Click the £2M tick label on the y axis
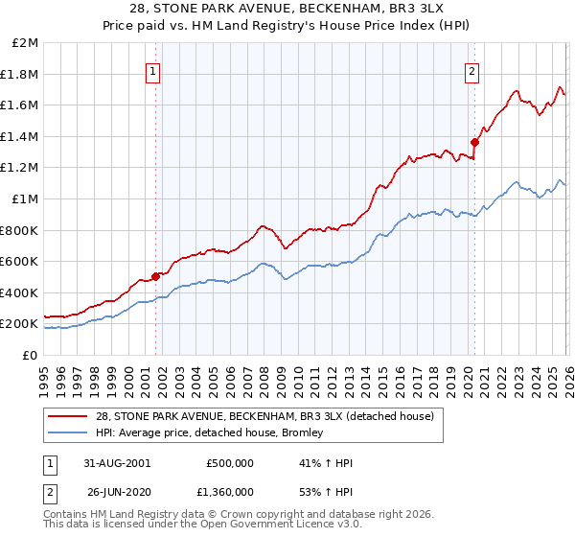click(x=26, y=43)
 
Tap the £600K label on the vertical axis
click(x=19, y=262)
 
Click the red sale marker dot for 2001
click(x=156, y=277)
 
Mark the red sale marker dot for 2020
click(x=474, y=143)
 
